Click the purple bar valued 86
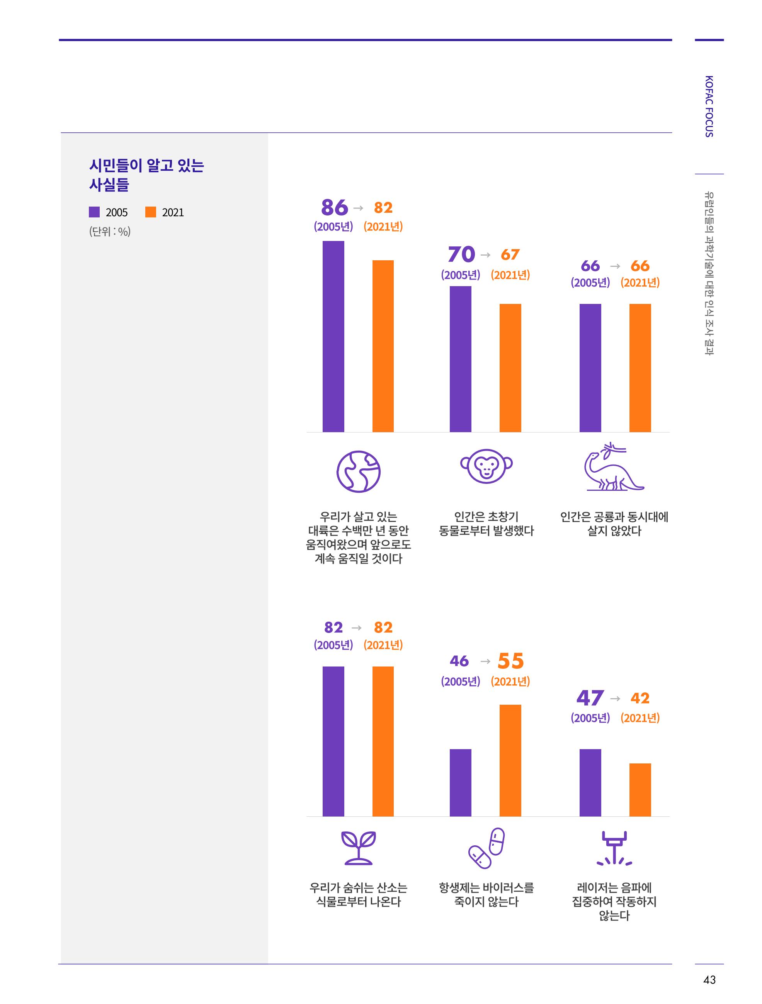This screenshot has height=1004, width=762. pos(333,336)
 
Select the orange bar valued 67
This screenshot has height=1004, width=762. pos(510,368)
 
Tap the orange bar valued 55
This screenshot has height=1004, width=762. pos(510,761)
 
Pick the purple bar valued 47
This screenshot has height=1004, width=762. pos(590,783)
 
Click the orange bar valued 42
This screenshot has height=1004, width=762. pos(640,790)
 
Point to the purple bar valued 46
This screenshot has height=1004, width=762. pos(461,783)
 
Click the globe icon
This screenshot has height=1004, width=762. pos(359,471)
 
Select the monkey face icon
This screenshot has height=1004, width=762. pos(486,466)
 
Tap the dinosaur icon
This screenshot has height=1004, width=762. pos(614,466)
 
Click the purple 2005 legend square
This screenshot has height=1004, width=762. pos(94,212)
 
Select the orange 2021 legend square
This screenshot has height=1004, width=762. pos(151,212)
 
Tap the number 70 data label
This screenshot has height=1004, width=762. pos(461,254)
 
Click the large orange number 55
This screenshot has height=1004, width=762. pos(511,661)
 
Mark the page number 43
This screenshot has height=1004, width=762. pos(709,980)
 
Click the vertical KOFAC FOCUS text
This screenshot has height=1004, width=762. pos(709,106)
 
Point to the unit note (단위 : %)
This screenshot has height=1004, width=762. pos(110,231)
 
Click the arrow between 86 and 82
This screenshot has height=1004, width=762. pos(358,208)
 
